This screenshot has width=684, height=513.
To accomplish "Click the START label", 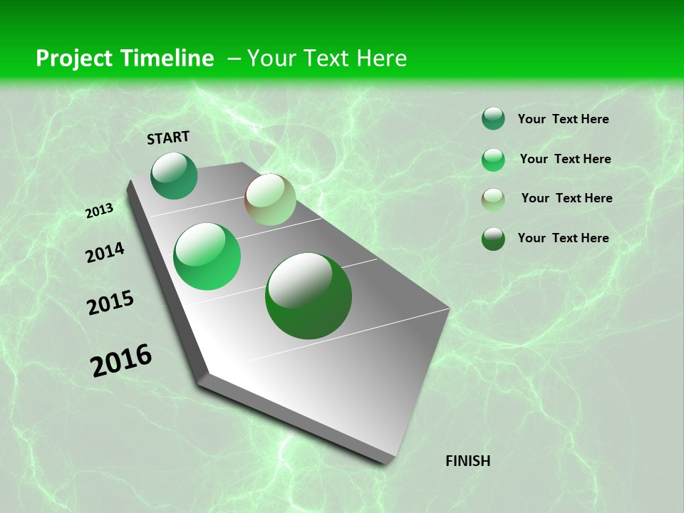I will [168, 138].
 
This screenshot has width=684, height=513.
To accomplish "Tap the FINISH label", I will [467, 461].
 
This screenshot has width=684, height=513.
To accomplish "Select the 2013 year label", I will [99, 211].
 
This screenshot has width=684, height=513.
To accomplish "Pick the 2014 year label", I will [105, 253].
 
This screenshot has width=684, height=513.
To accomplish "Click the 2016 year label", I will [121, 361].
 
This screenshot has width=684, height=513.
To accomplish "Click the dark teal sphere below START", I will [174, 176].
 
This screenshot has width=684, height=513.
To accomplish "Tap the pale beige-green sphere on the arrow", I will [270, 199].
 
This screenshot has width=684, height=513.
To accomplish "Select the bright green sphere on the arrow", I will [207, 256].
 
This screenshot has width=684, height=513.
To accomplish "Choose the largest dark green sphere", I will [309, 296].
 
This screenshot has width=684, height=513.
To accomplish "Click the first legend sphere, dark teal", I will [493, 118].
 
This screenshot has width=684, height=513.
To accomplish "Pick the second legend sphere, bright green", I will [493, 160].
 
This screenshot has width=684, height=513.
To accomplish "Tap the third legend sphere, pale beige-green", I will [493, 199].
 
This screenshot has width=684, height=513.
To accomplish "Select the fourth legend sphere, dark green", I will [493, 239].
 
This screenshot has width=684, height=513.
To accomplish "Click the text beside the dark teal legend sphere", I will [563, 120].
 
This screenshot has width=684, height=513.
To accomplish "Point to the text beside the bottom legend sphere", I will [563, 238].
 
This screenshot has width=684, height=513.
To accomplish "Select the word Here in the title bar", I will [381, 58].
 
